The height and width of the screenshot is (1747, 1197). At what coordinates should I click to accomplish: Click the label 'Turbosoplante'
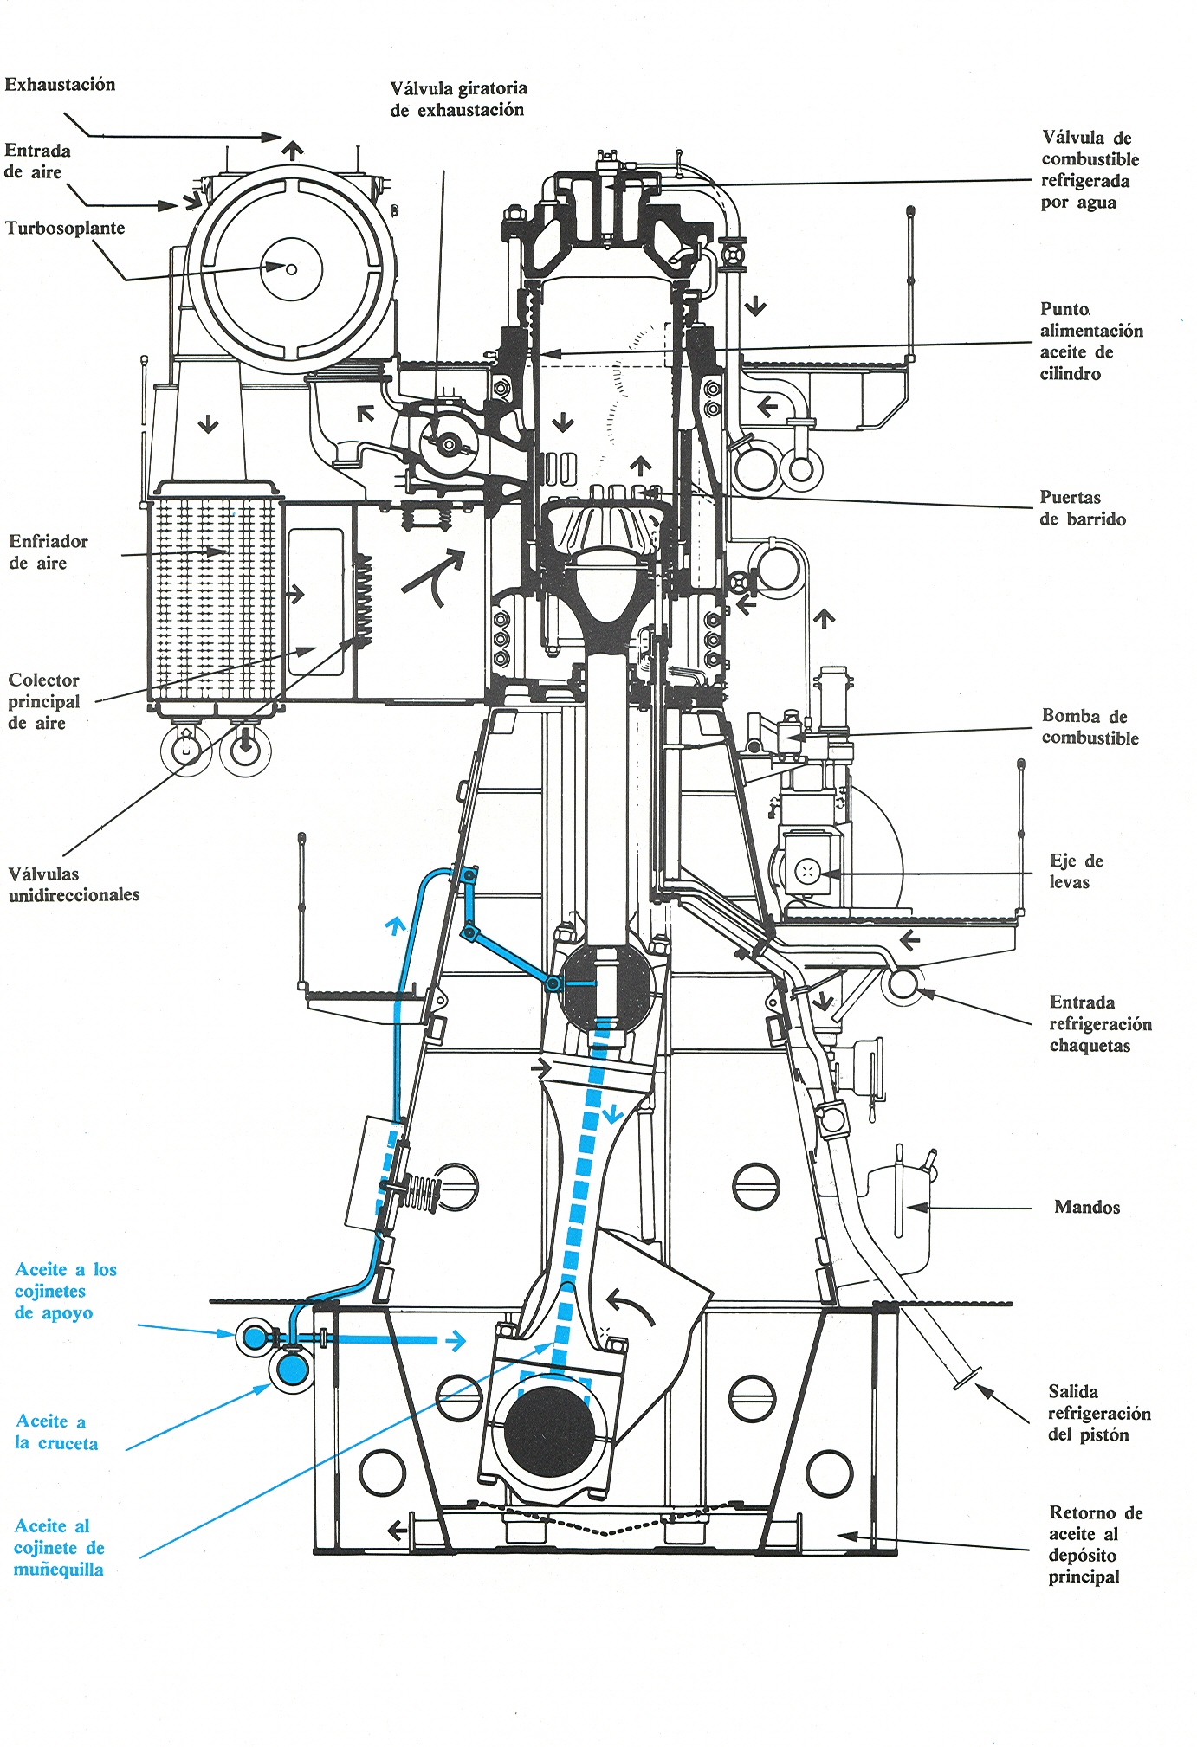[65, 229]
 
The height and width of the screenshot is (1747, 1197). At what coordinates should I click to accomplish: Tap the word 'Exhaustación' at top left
[60, 84]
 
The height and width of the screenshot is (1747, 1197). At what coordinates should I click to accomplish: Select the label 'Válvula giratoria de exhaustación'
[458, 99]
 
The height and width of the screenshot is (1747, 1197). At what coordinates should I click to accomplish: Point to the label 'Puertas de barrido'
[1083, 508]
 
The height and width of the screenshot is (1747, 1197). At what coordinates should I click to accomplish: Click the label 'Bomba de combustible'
[1090, 726]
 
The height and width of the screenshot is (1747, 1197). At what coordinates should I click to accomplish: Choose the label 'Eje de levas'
[1076, 871]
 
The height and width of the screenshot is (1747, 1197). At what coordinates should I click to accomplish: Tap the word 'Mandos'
[1087, 1207]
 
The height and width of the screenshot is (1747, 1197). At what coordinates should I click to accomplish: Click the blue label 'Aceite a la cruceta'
[56, 1432]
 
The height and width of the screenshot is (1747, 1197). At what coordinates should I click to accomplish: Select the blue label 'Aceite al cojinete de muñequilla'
[59, 1548]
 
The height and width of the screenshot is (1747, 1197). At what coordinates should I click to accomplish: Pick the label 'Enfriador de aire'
[49, 551]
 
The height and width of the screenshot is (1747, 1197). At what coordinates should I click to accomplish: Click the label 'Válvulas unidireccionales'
[74, 884]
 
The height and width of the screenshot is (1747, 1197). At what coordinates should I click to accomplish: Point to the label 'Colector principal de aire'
[44, 701]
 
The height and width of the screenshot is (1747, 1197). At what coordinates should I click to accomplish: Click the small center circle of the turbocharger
[292, 269]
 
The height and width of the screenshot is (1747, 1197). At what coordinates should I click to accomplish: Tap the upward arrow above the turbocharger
[293, 150]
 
